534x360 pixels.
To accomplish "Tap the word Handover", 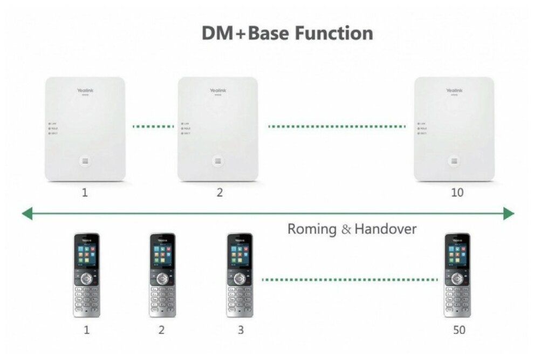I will [x=386, y=229].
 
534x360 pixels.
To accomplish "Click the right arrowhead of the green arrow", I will [x=508, y=214].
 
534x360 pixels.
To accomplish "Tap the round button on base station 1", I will [x=85, y=161].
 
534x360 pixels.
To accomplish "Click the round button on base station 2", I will [x=217, y=161].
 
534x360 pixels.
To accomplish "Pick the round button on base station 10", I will [x=454, y=161].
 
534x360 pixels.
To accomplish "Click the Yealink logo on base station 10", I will [x=454, y=91].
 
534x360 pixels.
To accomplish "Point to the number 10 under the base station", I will [x=456, y=193].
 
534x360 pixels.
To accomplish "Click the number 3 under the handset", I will [x=241, y=330].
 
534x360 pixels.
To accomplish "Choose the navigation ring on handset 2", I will [x=162, y=279].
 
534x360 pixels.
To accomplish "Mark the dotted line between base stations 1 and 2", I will [x=153, y=127].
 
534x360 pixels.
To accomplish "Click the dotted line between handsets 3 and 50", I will [x=349, y=280].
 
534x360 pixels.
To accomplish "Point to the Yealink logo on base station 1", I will [x=85, y=91].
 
